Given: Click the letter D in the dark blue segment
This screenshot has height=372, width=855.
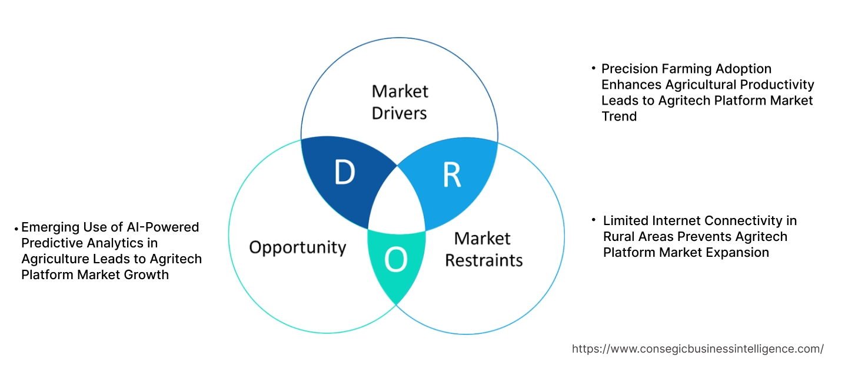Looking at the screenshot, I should coord(345,172).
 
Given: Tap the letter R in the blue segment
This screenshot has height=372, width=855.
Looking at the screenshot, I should coord(452,175).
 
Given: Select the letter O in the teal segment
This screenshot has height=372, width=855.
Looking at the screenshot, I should coord(396,262).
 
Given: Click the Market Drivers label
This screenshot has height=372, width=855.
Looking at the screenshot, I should coord(400,102).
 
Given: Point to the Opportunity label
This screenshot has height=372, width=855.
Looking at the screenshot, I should coord(297,247).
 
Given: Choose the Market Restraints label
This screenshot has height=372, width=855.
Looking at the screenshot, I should coord(483,249).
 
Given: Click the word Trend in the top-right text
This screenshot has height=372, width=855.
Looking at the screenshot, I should coord(619,116).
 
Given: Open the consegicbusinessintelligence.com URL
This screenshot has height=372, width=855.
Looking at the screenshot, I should coord(697,348).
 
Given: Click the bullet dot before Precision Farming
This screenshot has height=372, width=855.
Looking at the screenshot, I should coord(594,69).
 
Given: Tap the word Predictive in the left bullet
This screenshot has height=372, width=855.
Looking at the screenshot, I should coord(49,243).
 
